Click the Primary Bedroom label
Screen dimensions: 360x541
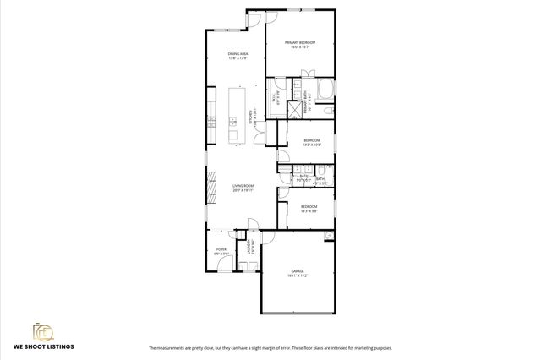[x=300, y=45]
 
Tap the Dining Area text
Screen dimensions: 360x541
[x=238, y=56]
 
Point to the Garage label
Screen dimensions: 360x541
[x=297, y=273]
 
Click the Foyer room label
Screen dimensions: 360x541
[x=221, y=251]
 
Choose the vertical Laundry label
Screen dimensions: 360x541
[x=249, y=248]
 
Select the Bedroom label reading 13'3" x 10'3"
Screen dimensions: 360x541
[x=312, y=142]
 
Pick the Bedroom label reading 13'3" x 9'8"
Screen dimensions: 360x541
[x=309, y=208]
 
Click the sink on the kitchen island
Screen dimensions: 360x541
[x=233, y=124]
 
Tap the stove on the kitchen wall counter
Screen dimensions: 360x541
[x=210, y=124]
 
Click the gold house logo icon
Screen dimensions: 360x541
[x=43, y=330]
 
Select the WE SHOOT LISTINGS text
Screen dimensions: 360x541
[x=43, y=347]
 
